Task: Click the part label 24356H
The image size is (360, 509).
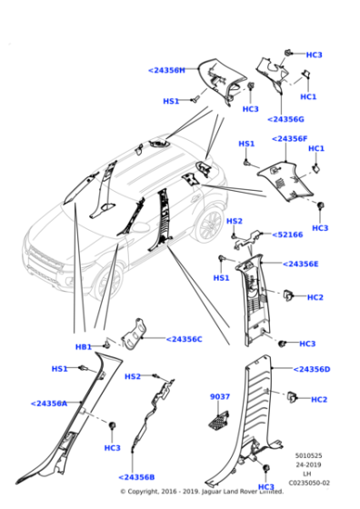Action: tap(166, 70)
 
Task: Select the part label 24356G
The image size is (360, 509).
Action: tap(286, 119)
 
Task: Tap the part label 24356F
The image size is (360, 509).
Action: tap(290, 138)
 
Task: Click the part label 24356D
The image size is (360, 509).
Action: tap(312, 369)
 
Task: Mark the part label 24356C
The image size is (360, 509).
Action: tap(184, 339)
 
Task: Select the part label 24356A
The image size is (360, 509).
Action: tap(49, 403)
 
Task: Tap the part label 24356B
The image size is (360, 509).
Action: tap(135, 477)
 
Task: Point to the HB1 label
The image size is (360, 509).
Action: tap(84, 347)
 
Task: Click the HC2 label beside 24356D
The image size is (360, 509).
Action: tap(319, 399)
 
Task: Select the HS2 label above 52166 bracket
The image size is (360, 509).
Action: tap(235, 221)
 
